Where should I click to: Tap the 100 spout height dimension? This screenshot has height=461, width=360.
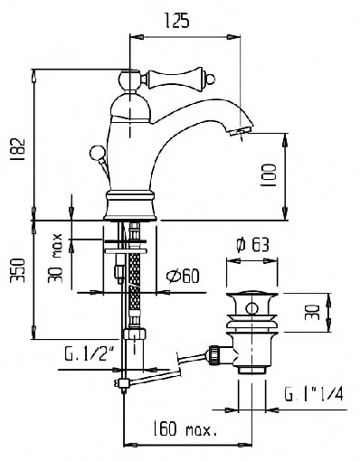(x=268, y=175)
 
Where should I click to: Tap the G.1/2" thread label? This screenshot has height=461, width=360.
(x=89, y=353)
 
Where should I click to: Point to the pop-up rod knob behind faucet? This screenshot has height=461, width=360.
(x=96, y=150)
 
